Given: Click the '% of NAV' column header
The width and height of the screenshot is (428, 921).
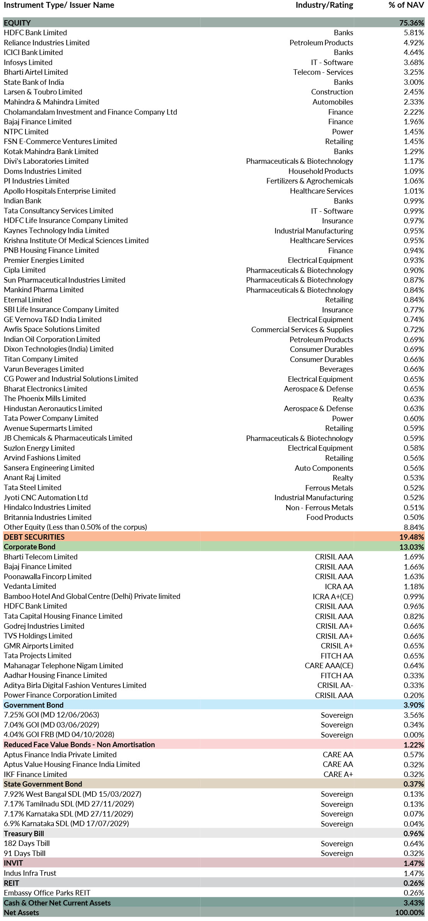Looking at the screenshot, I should [x=406, y=5].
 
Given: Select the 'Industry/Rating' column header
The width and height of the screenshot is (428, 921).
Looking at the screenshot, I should [x=324, y=5].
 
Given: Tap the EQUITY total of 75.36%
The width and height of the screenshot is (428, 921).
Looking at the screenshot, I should [x=411, y=23].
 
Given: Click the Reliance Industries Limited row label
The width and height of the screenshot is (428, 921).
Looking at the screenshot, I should [x=46, y=43].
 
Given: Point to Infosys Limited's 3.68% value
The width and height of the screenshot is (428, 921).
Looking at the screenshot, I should [x=414, y=62].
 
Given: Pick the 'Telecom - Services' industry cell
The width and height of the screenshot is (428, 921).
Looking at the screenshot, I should [x=323, y=72].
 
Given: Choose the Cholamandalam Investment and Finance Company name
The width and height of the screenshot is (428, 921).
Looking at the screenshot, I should [x=90, y=112].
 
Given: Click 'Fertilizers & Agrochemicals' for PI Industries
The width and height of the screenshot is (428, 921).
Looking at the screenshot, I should [x=309, y=181].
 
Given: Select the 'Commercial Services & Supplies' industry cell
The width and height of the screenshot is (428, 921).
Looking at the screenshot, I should [x=302, y=329].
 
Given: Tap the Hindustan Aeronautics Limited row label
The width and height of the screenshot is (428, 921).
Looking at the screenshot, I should [x=53, y=408].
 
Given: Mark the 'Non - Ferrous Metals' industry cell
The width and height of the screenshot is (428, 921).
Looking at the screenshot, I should [x=319, y=508].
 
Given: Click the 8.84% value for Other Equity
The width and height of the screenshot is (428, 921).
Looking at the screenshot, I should [x=414, y=527].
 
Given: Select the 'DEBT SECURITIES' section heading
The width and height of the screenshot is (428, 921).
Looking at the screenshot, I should [x=34, y=537].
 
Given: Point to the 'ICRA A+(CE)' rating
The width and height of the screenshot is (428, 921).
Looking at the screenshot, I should [x=333, y=597].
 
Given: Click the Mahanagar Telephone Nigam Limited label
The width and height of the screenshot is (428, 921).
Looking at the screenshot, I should [x=63, y=665].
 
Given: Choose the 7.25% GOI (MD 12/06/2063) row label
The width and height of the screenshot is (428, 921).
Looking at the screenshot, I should [x=51, y=715].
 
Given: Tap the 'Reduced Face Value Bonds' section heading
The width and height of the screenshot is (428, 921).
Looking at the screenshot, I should [x=79, y=744].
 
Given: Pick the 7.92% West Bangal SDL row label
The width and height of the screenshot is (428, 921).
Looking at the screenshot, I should [x=72, y=794].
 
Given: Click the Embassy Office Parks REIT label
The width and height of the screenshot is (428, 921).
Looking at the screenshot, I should [x=47, y=893].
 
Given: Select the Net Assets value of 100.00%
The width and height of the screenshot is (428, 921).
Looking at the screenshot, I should [x=409, y=912].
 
